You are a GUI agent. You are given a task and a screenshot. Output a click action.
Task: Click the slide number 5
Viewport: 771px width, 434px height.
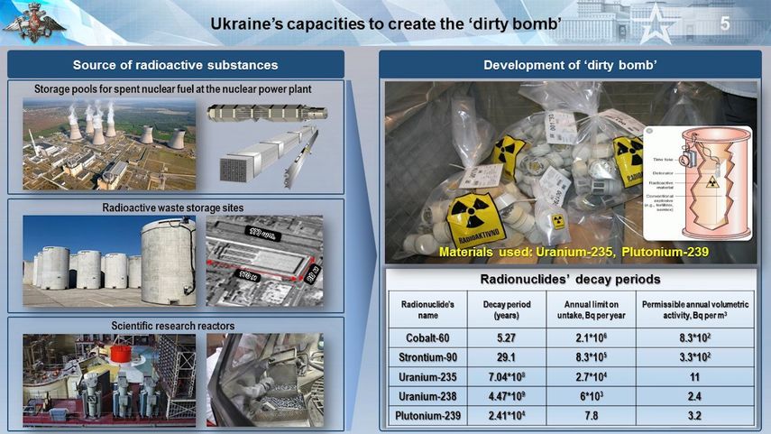click(724, 23)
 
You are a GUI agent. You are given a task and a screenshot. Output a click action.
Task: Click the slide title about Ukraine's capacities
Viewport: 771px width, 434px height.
click(386, 24)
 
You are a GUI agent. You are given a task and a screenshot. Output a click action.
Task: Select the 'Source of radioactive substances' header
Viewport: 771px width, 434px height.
click(176, 65)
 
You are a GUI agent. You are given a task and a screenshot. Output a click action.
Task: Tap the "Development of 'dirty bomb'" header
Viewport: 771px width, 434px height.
click(569, 65)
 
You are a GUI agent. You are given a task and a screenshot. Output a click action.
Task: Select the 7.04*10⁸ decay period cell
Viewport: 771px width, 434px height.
click(506, 376)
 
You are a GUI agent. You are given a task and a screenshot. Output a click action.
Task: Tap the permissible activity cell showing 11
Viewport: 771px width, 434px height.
click(694, 376)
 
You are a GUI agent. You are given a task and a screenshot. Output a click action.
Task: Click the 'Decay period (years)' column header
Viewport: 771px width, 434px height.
click(506, 309)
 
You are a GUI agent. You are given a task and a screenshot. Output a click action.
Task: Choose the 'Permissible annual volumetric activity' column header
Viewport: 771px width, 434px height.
click(694, 309)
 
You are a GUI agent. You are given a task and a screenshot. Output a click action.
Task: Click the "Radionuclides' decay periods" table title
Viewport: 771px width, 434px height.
click(569, 279)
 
